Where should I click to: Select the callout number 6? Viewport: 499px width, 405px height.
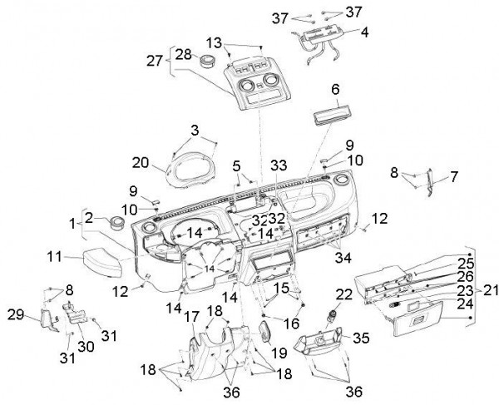pos(336,89)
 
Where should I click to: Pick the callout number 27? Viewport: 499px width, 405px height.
pos(155,61)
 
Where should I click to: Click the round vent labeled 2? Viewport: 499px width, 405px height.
pos(114,224)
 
